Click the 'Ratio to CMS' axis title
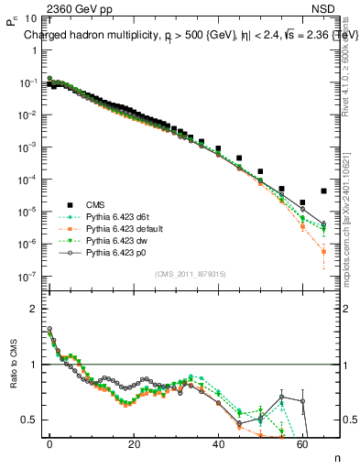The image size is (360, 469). coord(12,376)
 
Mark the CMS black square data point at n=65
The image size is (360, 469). coord(324,191)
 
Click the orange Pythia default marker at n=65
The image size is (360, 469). coord(324,251)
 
